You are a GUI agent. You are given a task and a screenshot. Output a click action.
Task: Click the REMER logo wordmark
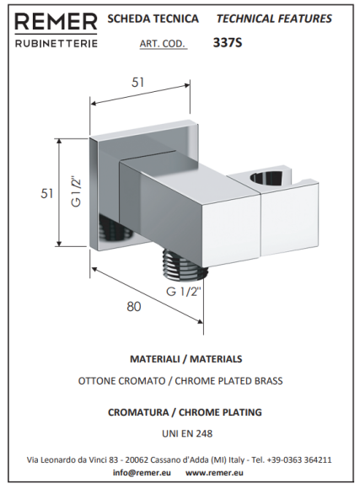pos(56,22)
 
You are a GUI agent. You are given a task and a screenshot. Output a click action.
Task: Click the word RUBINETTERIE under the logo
pos(56,43)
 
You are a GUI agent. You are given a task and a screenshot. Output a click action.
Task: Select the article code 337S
pos(228,43)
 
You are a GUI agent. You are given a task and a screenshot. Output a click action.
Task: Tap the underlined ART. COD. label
pos(163,44)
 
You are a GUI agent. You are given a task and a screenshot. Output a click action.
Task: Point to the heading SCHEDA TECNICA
pos(153,19)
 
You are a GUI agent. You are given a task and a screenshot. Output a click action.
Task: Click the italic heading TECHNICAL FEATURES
pos(274,19)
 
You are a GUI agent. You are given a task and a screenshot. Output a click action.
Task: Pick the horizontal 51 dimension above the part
pos(138,83)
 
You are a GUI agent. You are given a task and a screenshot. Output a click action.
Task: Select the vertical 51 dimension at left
pos(47,194)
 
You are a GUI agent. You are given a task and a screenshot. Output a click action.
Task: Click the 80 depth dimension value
pos(134,307)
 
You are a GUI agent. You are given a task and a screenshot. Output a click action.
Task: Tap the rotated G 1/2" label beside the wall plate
pos(76,191)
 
